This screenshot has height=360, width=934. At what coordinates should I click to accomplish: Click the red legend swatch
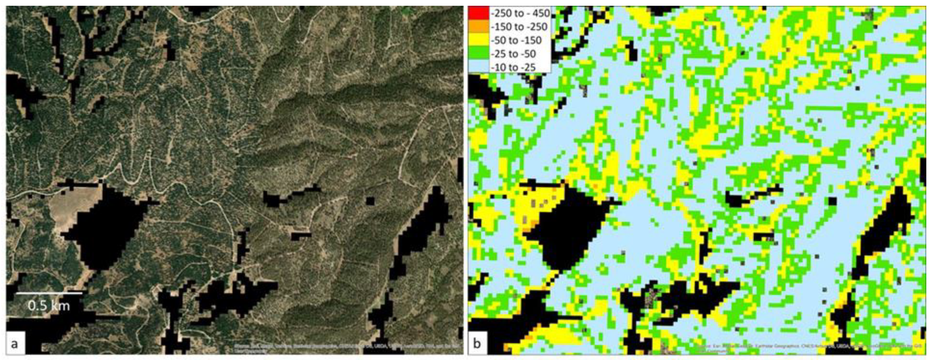(x=478, y=13)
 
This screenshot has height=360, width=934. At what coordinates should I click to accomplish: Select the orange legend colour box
(x=478, y=27)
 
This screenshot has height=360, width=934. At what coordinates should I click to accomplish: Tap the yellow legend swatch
(x=478, y=40)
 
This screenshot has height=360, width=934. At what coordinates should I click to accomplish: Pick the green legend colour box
(x=478, y=54)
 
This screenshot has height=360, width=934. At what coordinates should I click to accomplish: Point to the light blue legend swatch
(x=478, y=67)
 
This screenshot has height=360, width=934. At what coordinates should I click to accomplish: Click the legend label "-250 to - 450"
(x=520, y=13)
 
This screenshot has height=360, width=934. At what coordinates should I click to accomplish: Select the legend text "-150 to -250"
(x=519, y=27)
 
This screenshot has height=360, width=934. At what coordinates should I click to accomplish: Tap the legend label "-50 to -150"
(x=516, y=40)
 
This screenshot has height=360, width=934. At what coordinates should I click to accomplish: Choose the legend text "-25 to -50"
(x=513, y=54)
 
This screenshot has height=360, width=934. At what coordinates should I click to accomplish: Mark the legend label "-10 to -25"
(x=513, y=67)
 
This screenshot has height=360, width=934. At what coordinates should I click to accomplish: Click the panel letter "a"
(x=14, y=343)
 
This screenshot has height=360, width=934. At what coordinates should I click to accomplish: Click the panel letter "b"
(x=477, y=343)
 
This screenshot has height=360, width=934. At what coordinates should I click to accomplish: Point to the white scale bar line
(x=49, y=293)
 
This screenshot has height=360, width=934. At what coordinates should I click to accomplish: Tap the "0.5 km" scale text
(x=49, y=306)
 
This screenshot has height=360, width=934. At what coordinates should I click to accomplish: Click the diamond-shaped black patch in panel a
(x=105, y=227)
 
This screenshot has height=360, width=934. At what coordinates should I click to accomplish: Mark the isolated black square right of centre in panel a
(x=370, y=201)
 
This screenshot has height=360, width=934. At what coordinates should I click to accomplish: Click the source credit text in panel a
(x=348, y=347)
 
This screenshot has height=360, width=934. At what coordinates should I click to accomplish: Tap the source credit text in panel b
(x=808, y=348)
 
